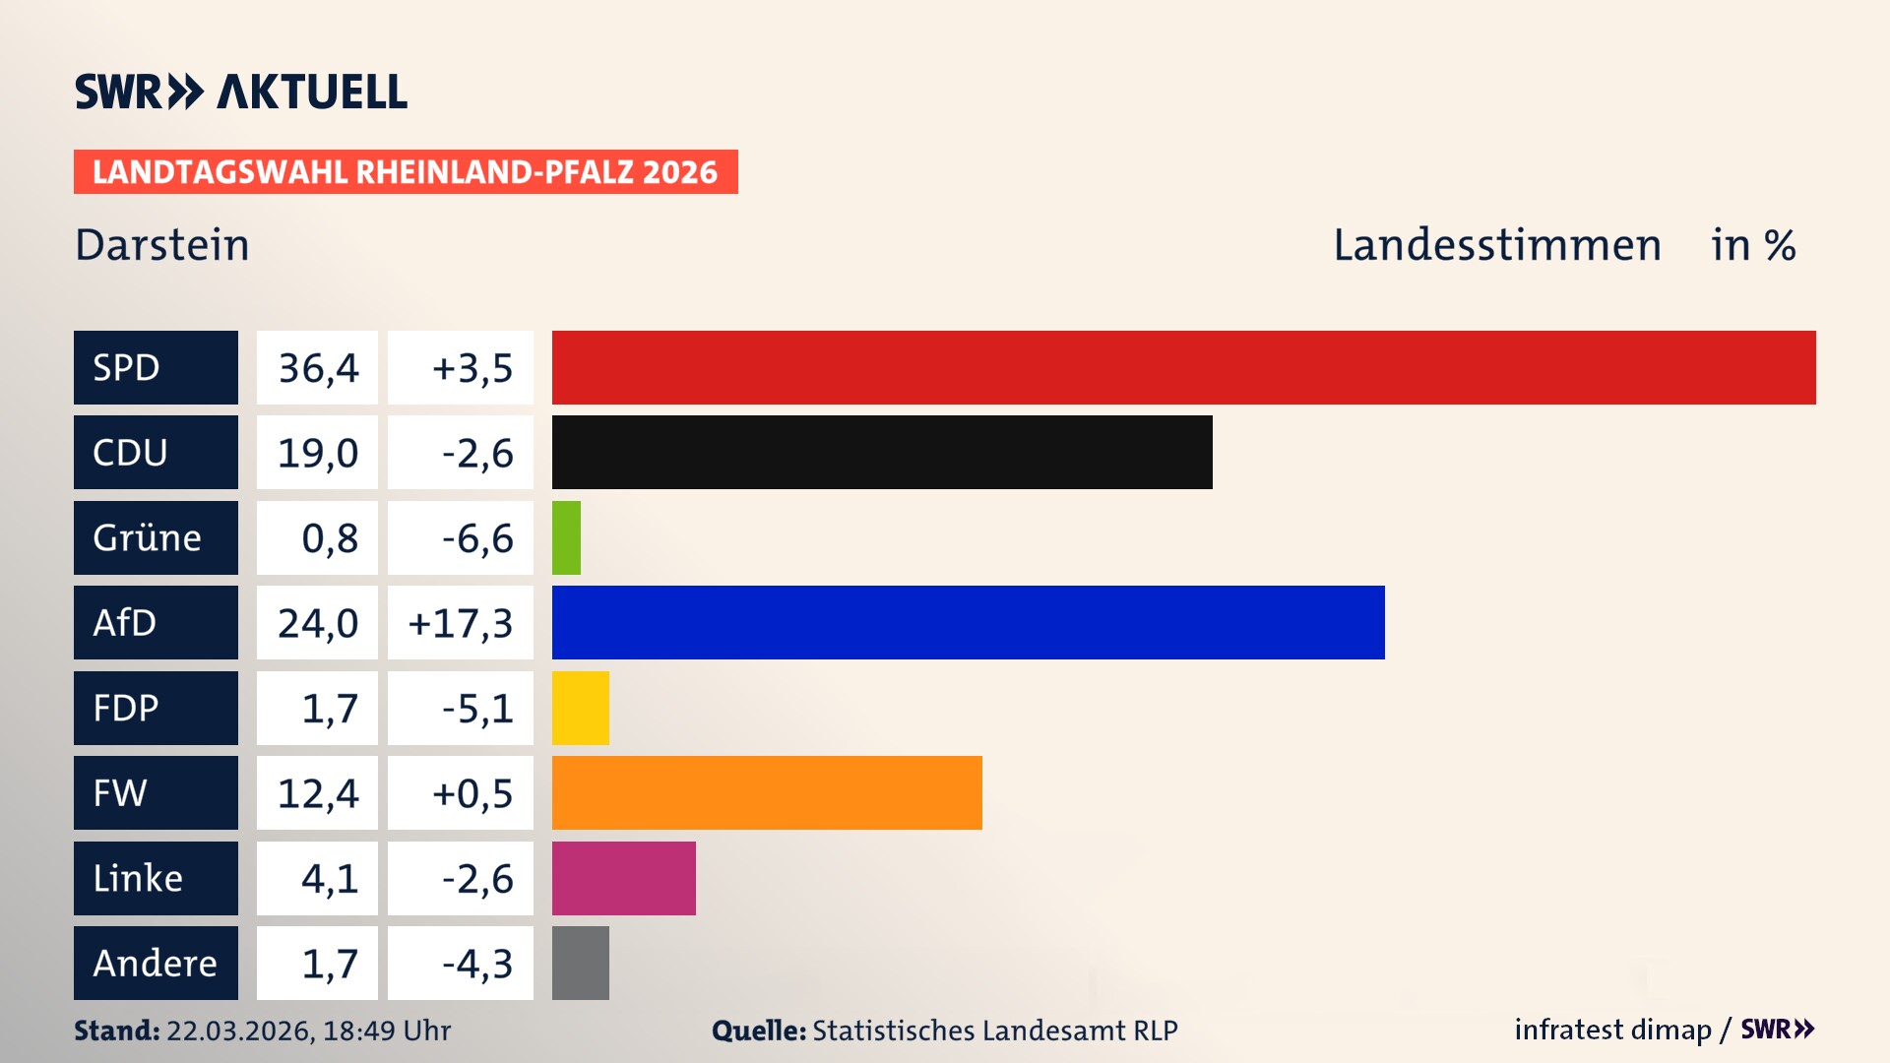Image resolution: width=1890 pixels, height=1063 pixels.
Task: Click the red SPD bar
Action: coord(1183,367)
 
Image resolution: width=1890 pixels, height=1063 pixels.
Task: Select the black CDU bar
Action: coord(882,452)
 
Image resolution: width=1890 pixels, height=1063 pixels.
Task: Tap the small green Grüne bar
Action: coord(566,537)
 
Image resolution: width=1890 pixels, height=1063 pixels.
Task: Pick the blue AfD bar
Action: coord(968,622)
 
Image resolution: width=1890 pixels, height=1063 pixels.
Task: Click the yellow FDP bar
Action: coord(580,708)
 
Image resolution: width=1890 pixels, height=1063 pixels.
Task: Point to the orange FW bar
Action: coord(767,792)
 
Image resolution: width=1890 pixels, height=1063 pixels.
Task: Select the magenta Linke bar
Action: coord(623,878)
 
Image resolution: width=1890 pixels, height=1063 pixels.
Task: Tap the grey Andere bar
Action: coord(580,963)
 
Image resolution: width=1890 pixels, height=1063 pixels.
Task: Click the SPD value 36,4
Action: coord(318,368)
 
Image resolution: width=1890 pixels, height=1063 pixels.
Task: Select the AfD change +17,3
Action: coord(461,623)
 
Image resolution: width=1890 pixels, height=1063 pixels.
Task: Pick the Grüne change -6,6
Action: coord(477,538)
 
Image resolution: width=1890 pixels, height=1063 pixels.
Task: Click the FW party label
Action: coord(120,792)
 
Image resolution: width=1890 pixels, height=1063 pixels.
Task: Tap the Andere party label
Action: coord(155,963)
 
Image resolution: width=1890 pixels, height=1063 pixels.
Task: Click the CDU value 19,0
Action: coord(318,453)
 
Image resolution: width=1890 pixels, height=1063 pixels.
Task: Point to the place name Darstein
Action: coord(162,245)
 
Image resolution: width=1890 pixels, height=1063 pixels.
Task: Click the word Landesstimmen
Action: coord(1496,245)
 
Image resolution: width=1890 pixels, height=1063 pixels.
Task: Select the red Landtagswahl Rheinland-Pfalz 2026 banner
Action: coord(406,172)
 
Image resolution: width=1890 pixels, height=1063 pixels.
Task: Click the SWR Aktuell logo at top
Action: coord(241,92)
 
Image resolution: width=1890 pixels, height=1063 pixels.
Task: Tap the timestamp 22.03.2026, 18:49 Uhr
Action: coord(308,1031)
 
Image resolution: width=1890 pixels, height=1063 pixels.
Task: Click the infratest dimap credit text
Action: coord(1611,1030)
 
